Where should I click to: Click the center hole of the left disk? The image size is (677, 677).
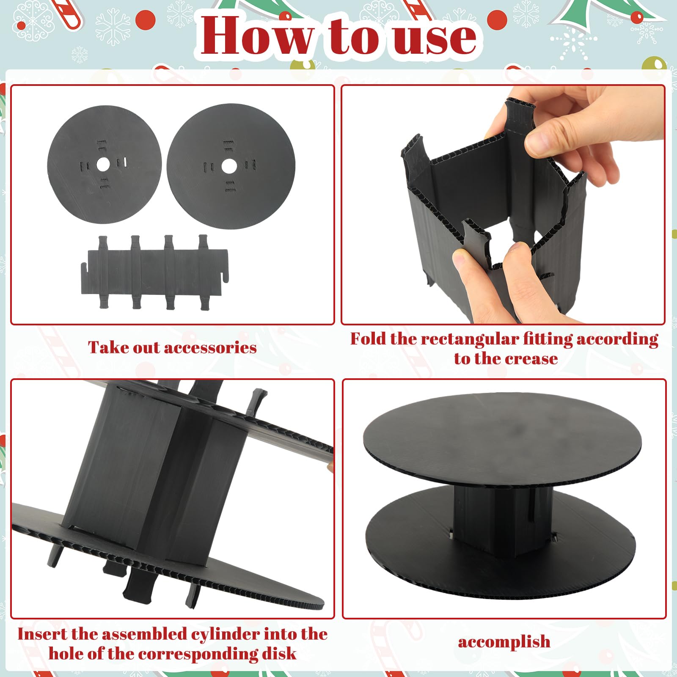click(103, 164)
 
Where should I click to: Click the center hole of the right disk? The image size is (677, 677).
click(229, 166)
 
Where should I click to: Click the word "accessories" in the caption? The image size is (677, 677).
click(210, 348)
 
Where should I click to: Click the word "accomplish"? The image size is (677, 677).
click(504, 642)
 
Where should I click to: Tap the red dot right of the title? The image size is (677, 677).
click(497, 19)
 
